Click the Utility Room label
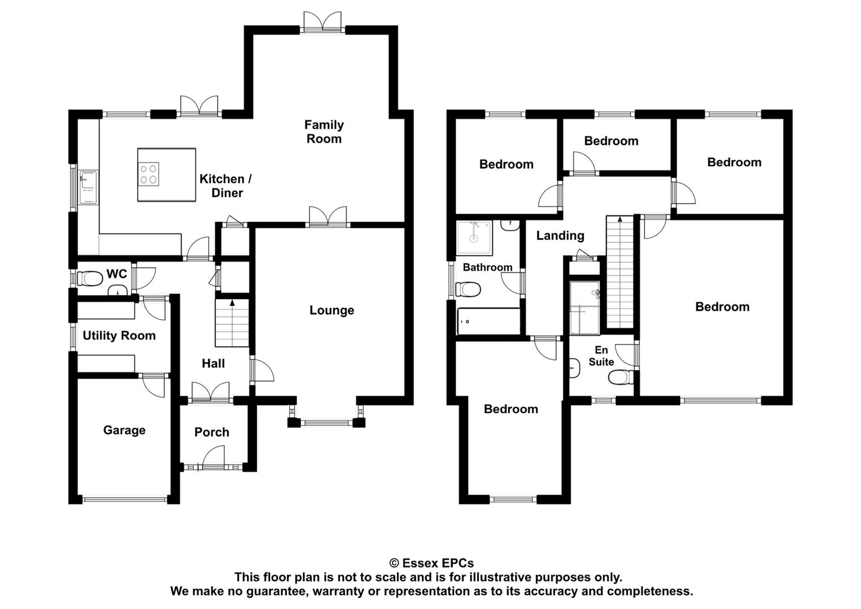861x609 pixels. [x=119, y=336]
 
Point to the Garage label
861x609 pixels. [x=124, y=430]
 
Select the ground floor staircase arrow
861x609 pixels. [x=232, y=303]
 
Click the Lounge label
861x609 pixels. [x=332, y=310]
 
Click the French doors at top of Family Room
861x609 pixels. [x=322, y=22]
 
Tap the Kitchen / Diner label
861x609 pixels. [x=226, y=186]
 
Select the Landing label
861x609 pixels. [x=560, y=236]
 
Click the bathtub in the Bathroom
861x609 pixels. [x=488, y=321]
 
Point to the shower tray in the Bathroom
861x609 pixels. [x=475, y=237]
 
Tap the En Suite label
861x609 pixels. [x=601, y=356]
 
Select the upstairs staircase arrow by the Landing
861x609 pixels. [x=620, y=219]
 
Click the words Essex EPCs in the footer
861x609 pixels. [x=438, y=563]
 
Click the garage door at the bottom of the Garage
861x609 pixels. [x=125, y=498]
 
